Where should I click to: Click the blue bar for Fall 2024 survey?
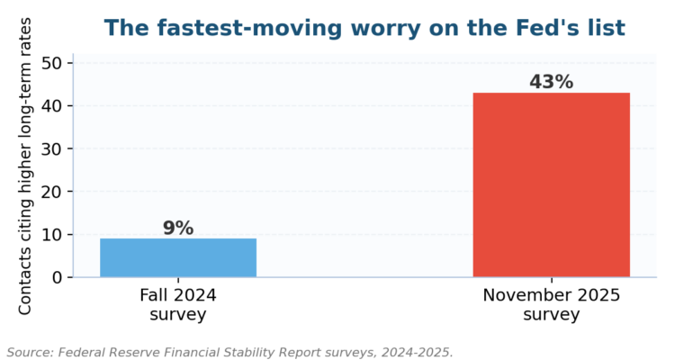click(178, 257)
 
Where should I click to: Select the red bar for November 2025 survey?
click(552, 184)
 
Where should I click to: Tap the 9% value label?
click(178, 229)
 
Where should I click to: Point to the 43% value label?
click(552, 82)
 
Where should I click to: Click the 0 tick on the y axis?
click(57, 278)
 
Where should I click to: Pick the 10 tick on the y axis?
click(51, 235)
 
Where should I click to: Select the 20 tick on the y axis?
click(51, 192)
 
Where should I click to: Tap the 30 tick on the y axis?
click(51, 148)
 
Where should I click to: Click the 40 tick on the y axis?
click(51, 106)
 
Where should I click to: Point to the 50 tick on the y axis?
click(51, 63)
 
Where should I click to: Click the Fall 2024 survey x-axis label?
click(178, 305)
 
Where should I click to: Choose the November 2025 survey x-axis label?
click(552, 305)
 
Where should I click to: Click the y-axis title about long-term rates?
click(25, 166)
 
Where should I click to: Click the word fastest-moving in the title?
click(248, 29)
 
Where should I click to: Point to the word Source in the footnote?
click(30, 352)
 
